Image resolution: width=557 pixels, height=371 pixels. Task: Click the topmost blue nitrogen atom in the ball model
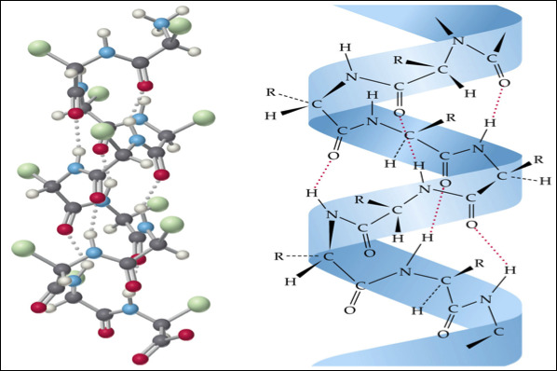click(162, 24)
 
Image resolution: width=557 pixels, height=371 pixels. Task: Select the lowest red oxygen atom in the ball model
click(141, 359)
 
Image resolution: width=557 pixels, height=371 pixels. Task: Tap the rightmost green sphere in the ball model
click(204, 118)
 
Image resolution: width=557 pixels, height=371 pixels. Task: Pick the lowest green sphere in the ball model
click(198, 305)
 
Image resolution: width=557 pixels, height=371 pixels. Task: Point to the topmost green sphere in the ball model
click(180, 25)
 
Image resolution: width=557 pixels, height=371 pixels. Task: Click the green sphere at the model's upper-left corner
click(39, 48)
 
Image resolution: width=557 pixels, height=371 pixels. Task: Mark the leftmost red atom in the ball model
click(38, 308)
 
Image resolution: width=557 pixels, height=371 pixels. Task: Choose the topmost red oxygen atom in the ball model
click(145, 86)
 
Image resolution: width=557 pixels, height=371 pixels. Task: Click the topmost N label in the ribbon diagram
click(458, 41)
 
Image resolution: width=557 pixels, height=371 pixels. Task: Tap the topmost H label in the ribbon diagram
click(346, 47)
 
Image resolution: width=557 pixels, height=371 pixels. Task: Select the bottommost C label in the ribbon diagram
click(498, 332)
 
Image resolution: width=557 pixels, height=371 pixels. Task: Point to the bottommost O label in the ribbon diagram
click(443, 334)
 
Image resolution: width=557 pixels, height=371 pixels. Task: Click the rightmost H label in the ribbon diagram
click(545, 181)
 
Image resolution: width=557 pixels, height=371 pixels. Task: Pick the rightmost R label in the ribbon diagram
click(538, 159)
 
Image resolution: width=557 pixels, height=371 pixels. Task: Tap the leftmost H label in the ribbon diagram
click(271, 116)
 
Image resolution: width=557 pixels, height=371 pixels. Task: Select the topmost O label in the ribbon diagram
click(504, 83)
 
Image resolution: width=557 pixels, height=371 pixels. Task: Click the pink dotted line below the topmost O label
click(497, 103)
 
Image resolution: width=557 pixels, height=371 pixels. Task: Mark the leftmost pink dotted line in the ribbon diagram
click(323, 174)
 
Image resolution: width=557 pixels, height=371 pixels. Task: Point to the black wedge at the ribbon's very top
click(444, 25)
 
